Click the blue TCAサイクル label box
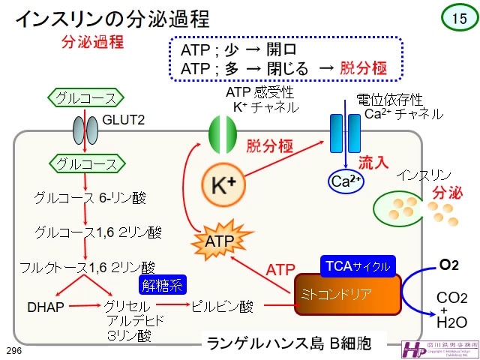(x=357, y=266)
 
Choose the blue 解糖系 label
(x=163, y=284)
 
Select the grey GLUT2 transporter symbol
(x=85, y=130)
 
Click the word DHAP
(x=45, y=306)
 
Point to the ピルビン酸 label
(x=223, y=306)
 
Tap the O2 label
(x=448, y=265)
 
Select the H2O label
(x=451, y=323)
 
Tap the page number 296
(x=13, y=351)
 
